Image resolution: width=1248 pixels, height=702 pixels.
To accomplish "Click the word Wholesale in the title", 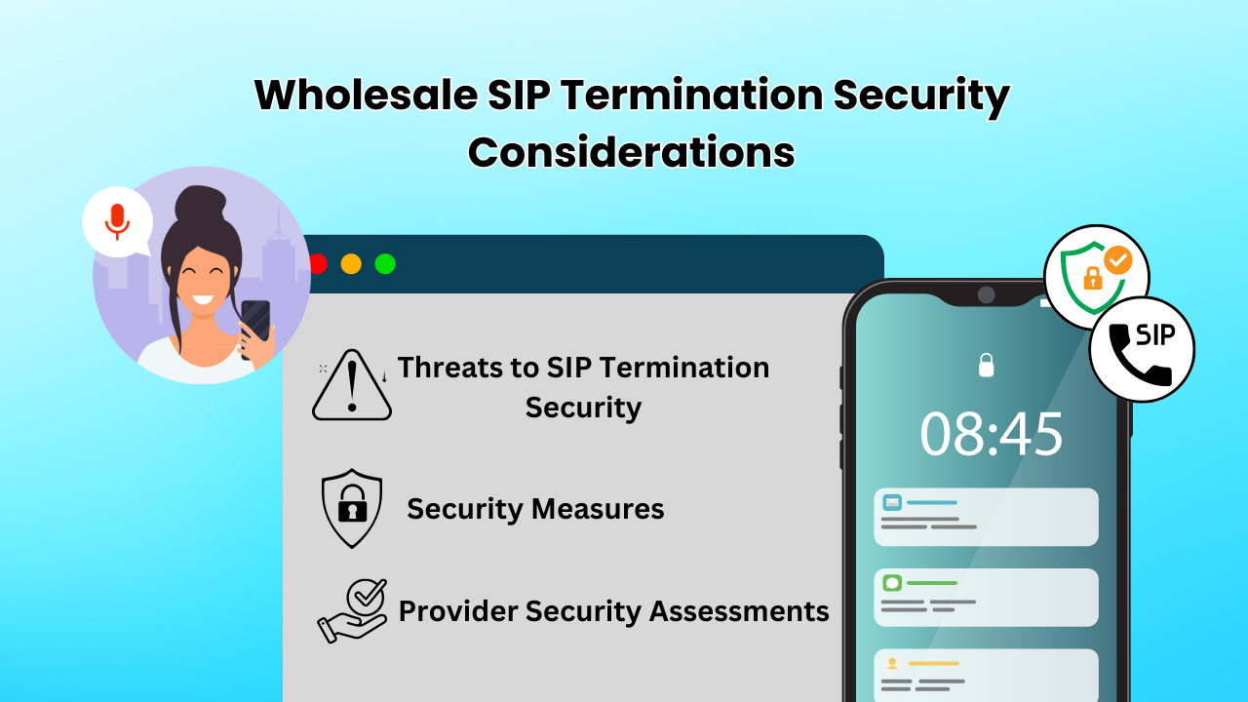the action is pyautogui.click(x=366, y=95).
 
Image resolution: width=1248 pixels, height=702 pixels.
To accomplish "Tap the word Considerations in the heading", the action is pyautogui.click(x=631, y=151).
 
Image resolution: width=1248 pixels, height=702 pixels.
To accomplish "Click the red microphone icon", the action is pyautogui.click(x=117, y=221).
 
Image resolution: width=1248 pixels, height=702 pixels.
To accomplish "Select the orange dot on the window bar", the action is pyautogui.click(x=351, y=263).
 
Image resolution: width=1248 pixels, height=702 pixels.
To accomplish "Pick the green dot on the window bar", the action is pyautogui.click(x=385, y=263).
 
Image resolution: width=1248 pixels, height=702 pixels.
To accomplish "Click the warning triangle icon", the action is pyautogui.click(x=352, y=385).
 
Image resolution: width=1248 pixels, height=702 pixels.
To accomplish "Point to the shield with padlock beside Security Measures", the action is pyautogui.click(x=352, y=508).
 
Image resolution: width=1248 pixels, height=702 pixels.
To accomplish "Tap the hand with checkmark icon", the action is pyautogui.click(x=353, y=611).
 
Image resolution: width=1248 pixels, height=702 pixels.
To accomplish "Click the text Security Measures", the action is pyautogui.click(x=535, y=509).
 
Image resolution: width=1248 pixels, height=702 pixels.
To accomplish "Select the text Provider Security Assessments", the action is pyautogui.click(x=614, y=611).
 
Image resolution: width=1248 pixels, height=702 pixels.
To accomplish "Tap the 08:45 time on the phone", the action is pyautogui.click(x=992, y=434).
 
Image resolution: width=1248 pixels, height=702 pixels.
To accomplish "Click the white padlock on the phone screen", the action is pyautogui.click(x=986, y=366).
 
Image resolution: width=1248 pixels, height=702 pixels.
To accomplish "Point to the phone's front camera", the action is pyautogui.click(x=986, y=294).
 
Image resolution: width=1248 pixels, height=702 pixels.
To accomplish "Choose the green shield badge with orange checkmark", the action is pyautogui.click(x=1095, y=277).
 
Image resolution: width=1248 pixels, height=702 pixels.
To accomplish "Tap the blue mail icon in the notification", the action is pyautogui.click(x=892, y=502).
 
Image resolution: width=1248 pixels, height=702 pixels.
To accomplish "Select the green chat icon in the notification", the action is pyautogui.click(x=892, y=583).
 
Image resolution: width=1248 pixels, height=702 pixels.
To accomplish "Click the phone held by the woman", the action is pyautogui.click(x=255, y=326).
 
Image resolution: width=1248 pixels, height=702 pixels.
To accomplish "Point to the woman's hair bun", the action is pyautogui.click(x=201, y=204).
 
